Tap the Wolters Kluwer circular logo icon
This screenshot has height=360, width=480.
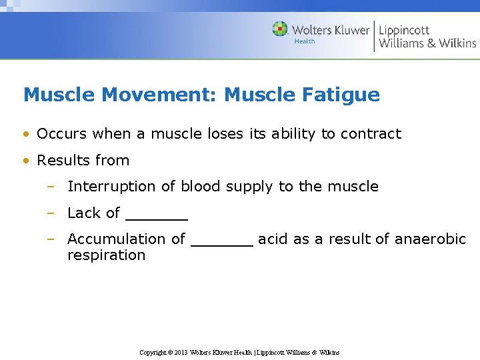pyautogui.click(x=280, y=29)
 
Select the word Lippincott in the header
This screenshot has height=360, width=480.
pyautogui.click(x=404, y=30)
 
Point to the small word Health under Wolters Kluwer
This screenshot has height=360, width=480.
pyautogui.click(x=304, y=41)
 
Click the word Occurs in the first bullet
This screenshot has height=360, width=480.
pyautogui.click(x=62, y=134)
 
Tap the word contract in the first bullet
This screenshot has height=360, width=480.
pyautogui.click(x=371, y=134)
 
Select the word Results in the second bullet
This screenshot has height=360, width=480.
pyautogui.click(x=62, y=161)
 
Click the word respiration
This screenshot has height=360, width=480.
pyautogui.click(x=106, y=255)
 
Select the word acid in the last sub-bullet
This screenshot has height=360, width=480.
pyautogui.click(x=272, y=239)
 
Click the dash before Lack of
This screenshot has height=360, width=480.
pyautogui.click(x=49, y=213)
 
